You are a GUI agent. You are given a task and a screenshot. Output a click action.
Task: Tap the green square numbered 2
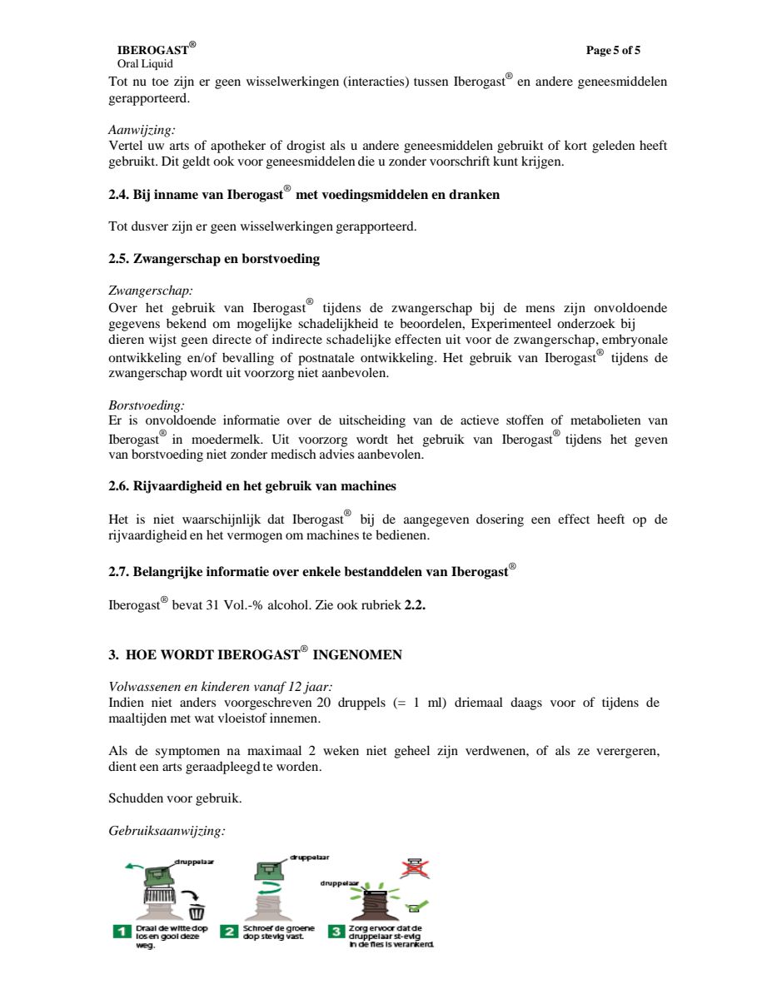click(228, 931)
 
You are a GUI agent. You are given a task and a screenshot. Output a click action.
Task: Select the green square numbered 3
click(336, 931)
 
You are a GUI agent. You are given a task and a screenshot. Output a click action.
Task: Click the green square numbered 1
click(121, 931)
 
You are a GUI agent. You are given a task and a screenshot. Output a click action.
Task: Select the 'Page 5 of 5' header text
click(613, 51)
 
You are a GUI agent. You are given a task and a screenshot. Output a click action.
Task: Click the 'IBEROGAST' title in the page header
click(152, 51)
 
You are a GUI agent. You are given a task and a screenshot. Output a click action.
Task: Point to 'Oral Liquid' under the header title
click(145, 64)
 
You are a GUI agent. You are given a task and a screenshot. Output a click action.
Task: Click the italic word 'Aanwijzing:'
click(142, 130)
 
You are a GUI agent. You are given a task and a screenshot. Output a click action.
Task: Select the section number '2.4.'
click(119, 195)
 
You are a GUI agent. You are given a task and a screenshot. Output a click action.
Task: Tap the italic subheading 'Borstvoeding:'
click(147, 405)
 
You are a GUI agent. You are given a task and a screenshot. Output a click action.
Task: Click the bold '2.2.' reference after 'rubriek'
click(415, 605)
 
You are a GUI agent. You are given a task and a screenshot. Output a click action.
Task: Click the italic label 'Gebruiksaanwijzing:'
click(167, 830)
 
